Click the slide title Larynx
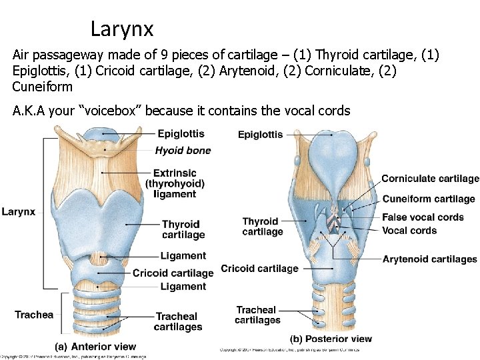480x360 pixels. tap(122, 29)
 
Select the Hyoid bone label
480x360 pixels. tap(183, 150)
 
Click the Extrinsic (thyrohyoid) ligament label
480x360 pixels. tap(175, 183)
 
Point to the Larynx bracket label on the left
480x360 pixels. tap(19, 211)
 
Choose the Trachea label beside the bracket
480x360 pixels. tap(34, 315)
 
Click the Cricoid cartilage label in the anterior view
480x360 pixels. tap(173, 273)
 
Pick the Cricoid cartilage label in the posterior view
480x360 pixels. tap(259, 268)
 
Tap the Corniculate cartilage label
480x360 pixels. tap(430, 179)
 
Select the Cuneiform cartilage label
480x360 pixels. tap(429, 199)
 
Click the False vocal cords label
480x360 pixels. tap(423, 217)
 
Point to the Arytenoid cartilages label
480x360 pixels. tap(429, 259)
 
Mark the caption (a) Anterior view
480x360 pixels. tap(95, 347)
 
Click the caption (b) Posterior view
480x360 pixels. tap(331, 339)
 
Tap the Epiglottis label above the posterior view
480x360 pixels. tap(260, 135)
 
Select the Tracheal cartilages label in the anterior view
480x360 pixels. tap(177, 321)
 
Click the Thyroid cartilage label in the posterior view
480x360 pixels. tap(262, 227)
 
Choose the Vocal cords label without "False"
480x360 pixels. tap(409, 231)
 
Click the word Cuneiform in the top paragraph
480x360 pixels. tap(43, 87)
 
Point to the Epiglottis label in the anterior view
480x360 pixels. tap(181, 134)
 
